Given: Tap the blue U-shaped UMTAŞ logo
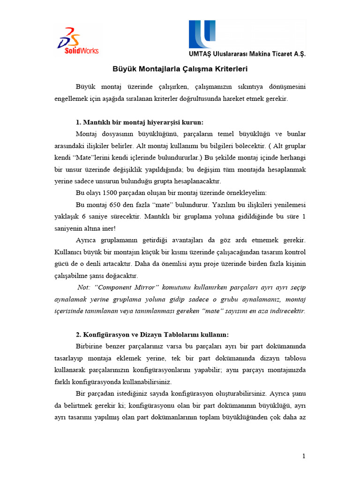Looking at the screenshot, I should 201,34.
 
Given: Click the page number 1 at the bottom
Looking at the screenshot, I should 304,456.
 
